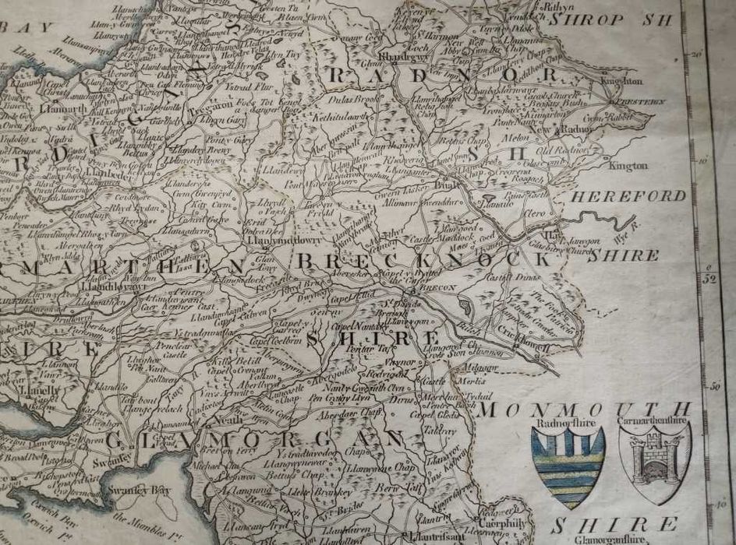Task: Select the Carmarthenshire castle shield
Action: (654, 464)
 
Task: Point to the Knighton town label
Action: (621, 80)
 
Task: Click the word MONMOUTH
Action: (586, 408)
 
